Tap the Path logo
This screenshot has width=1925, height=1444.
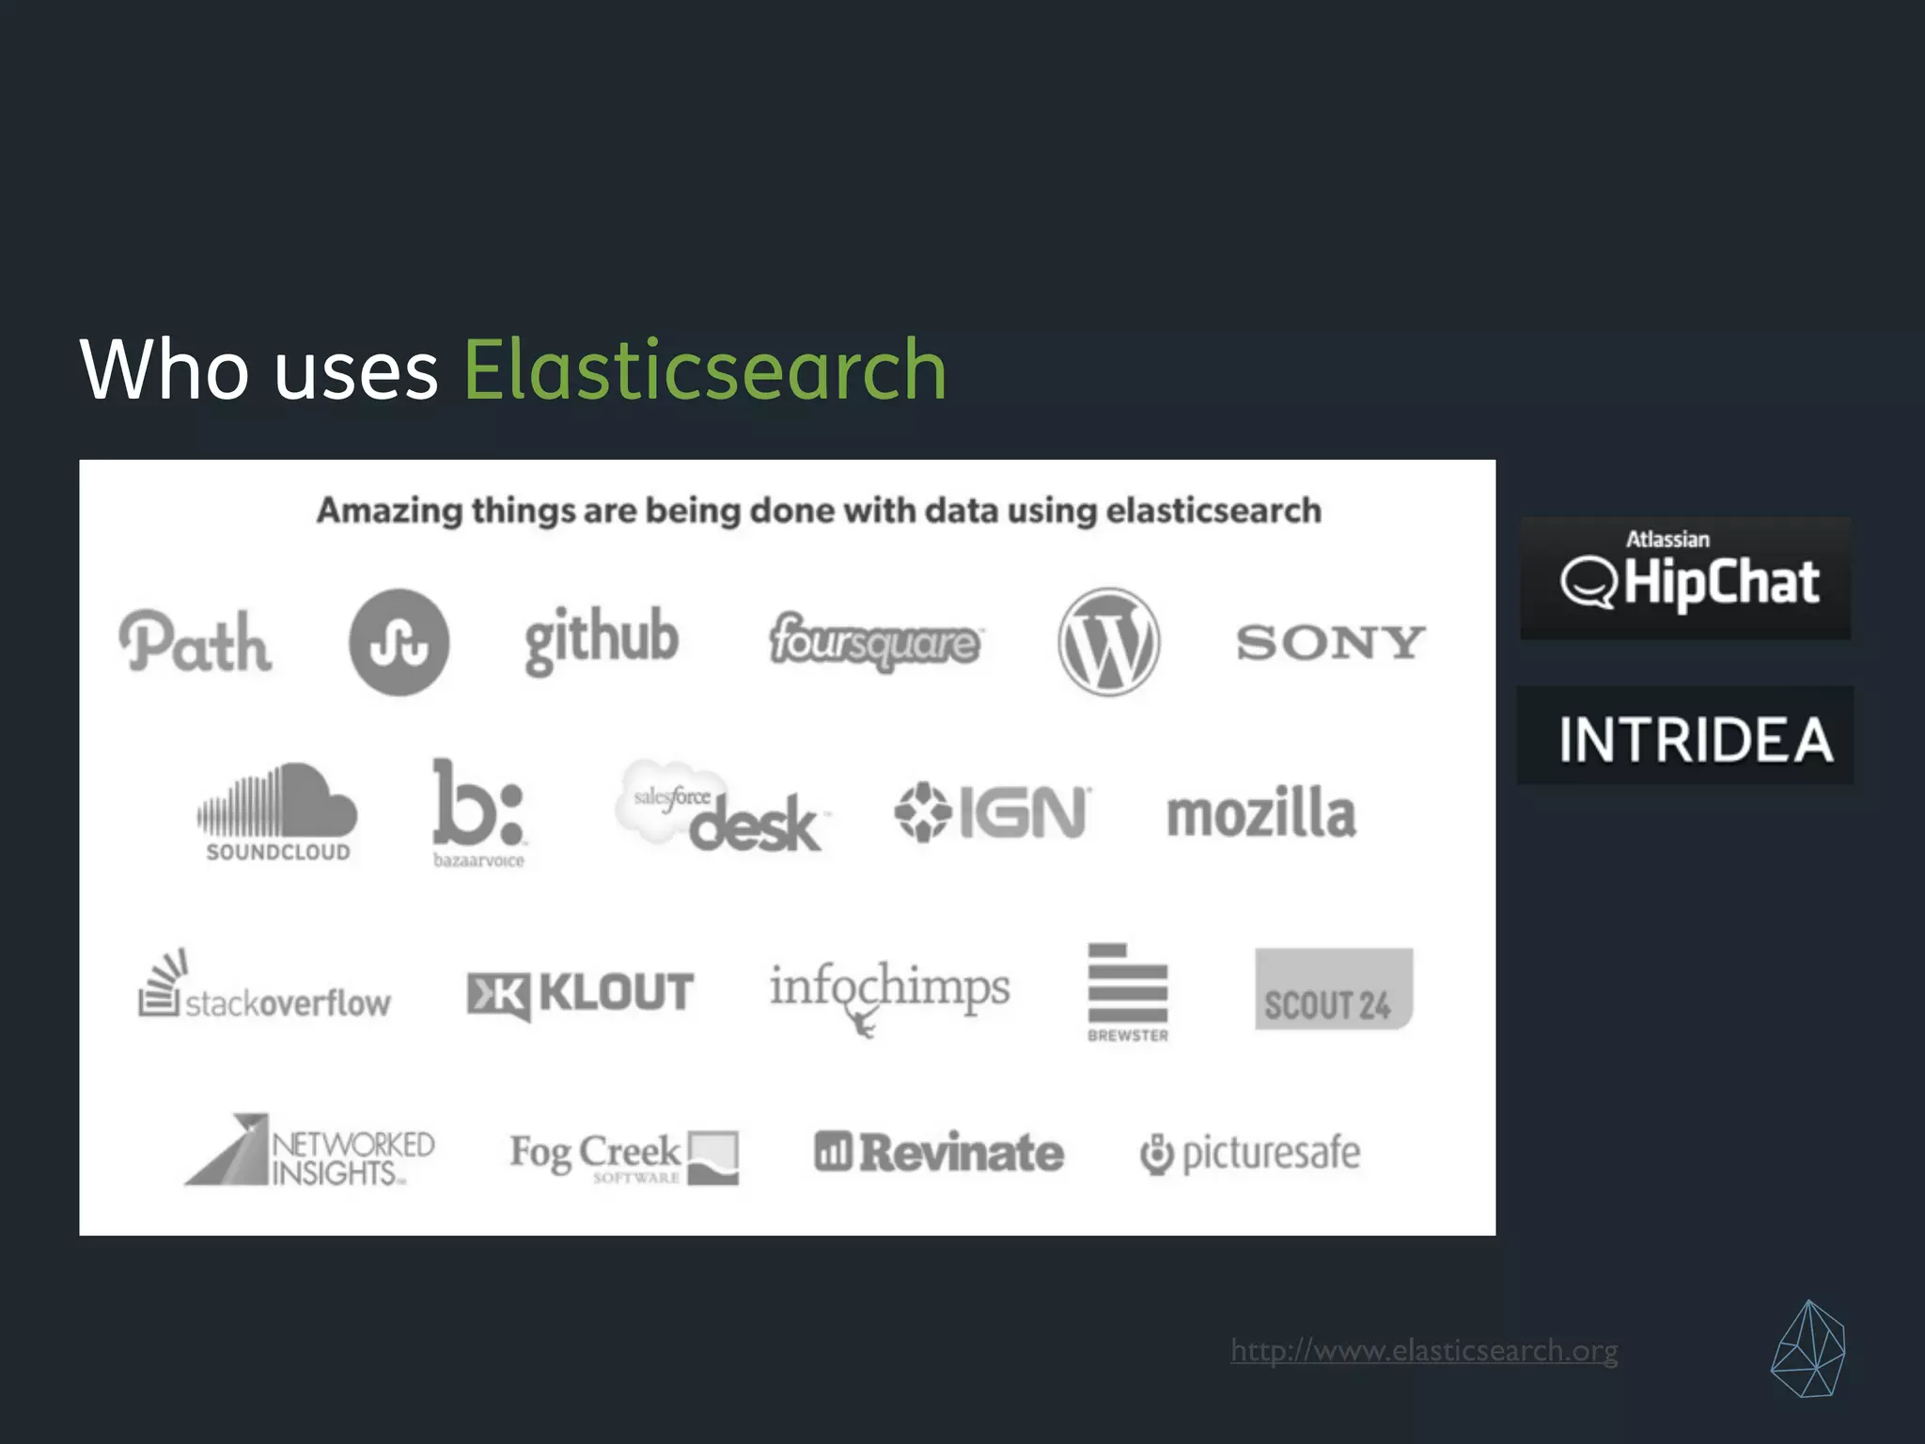pyautogui.click(x=196, y=643)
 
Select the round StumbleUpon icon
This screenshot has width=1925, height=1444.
pyautogui.click(x=399, y=642)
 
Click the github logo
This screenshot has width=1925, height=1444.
pyautogui.click(x=602, y=639)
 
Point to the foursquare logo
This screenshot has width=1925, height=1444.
pyautogui.click(x=875, y=642)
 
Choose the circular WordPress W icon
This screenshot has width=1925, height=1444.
pyautogui.click(x=1108, y=642)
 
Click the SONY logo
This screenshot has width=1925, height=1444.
pyautogui.click(x=1330, y=643)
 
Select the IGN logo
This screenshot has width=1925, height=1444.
pyautogui.click(x=993, y=812)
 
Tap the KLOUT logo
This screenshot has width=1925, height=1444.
pyautogui.click(x=581, y=994)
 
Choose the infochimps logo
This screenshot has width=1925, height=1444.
pyautogui.click(x=889, y=993)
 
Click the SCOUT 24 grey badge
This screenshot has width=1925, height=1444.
pyautogui.click(x=1333, y=989)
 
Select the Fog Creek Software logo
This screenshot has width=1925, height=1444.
pyautogui.click(x=624, y=1157)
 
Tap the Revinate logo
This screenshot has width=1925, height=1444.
pyautogui.click(x=939, y=1153)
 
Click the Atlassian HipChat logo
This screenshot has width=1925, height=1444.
pyautogui.click(x=1686, y=578)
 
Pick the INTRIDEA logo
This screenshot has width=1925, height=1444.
pyautogui.click(x=1686, y=736)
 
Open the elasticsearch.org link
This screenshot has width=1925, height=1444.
pyautogui.click(x=1424, y=1351)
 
